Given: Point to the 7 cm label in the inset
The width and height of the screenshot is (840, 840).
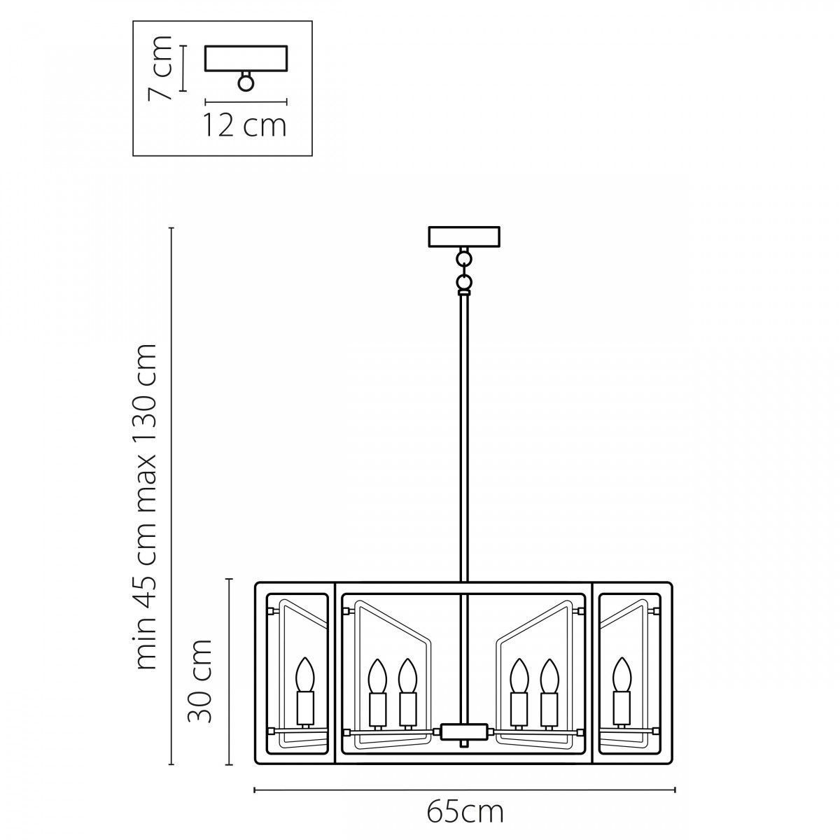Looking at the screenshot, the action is pos(160,69).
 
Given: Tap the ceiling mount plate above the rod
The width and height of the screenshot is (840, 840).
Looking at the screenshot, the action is pos(464,237).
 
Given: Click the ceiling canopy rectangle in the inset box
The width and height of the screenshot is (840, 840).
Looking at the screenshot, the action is pos(246,58).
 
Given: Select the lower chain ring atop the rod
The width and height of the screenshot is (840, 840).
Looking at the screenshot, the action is pos(463,280).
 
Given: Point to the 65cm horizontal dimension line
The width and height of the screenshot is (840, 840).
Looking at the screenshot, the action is pos(465,777).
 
